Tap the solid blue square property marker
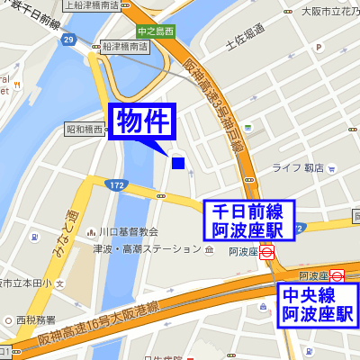(x=178, y=163)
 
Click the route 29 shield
(x=68, y=40)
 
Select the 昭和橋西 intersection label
(x=86, y=130)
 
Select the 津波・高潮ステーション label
(x=148, y=248)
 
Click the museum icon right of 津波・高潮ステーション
(x=210, y=248)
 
